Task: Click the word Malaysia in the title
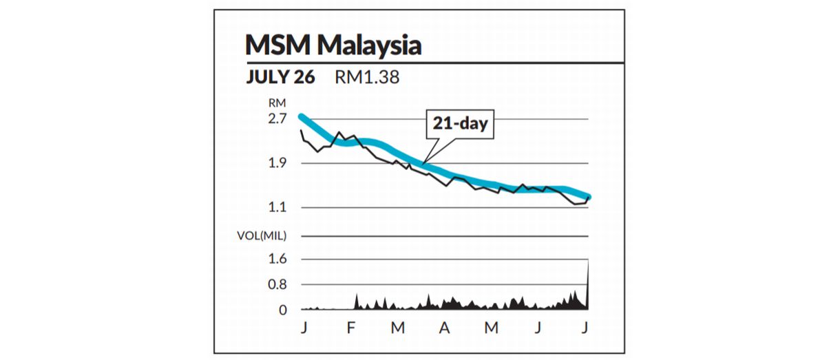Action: tap(369, 46)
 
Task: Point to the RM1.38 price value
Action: tap(367, 77)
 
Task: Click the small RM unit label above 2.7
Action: tap(277, 103)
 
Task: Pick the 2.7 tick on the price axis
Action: tap(277, 118)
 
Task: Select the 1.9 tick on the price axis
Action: tap(277, 163)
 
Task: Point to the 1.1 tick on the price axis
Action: tap(277, 207)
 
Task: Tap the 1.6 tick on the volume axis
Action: tap(277, 259)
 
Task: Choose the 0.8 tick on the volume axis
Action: tap(277, 284)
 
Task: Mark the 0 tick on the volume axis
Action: tap(282, 310)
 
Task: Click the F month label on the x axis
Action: tap(350, 328)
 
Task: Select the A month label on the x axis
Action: tap(444, 328)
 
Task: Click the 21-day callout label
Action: tap(459, 124)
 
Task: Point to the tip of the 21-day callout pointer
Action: tap(425, 163)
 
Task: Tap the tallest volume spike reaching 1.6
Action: tap(589, 262)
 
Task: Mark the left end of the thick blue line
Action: tap(301, 116)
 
